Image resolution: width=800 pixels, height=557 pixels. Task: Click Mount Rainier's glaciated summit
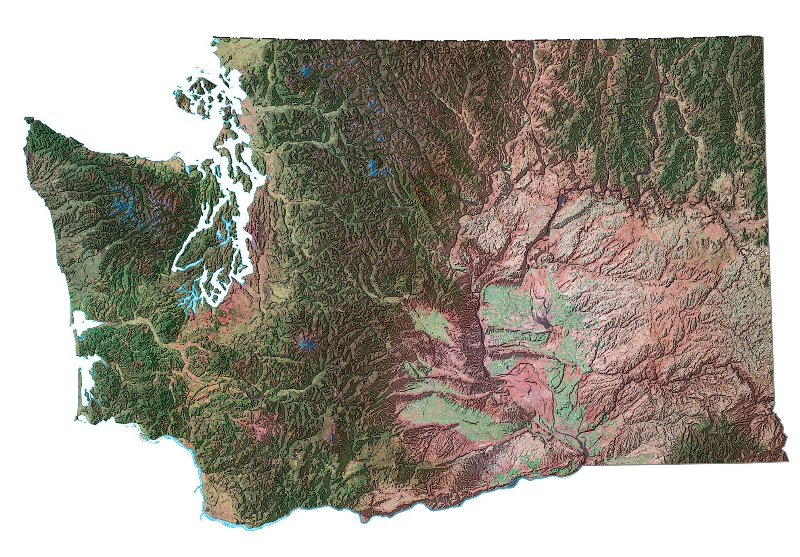(x=306, y=342)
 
